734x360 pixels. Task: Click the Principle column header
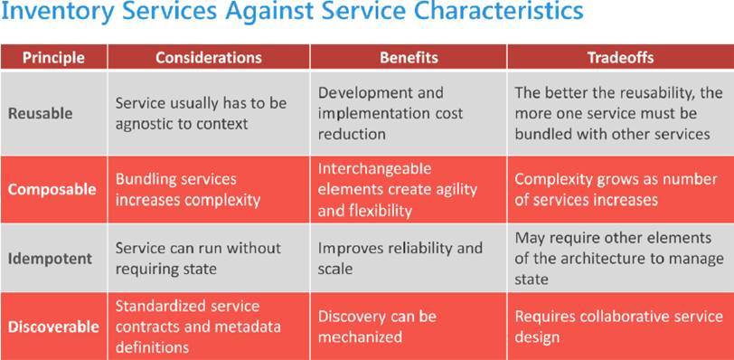[54, 58]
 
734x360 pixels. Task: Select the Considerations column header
[209, 58]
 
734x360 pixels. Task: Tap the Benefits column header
[409, 58]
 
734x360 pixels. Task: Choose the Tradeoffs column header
[621, 58]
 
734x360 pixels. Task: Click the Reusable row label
[41, 114]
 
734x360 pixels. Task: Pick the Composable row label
[52, 190]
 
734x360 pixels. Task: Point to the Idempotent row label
[50, 259]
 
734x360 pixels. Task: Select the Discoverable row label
[53, 327]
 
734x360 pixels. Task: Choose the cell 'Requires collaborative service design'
[619, 327]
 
